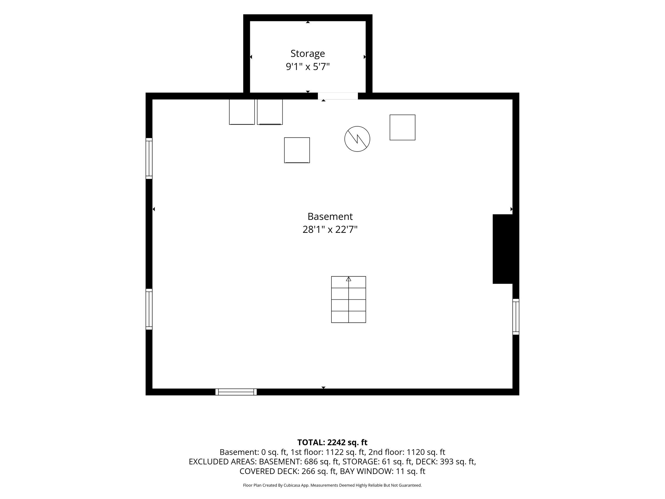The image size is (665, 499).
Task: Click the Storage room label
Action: pyautogui.click(x=308, y=54)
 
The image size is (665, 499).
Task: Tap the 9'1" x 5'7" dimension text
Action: pyautogui.click(x=308, y=67)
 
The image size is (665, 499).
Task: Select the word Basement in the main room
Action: pyautogui.click(x=330, y=216)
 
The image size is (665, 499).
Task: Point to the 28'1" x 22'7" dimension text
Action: pyautogui.click(x=330, y=229)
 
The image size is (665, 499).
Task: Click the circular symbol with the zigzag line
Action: pyautogui.click(x=357, y=139)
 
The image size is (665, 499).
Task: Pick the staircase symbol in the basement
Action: pyautogui.click(x=348, y=300)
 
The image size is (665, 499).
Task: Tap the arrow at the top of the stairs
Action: pyautogui.click(x=348, y=279)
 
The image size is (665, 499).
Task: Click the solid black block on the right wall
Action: pyautogui.click(x=503, y=249)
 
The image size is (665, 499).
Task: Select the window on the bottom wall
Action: pyautogui.click(x=236, y=392)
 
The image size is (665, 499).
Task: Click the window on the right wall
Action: pyautogui.click(x=516, y=317)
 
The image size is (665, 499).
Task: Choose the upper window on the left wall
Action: pyautogui.click(x=149, y=159)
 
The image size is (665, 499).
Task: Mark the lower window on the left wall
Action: pyautogui.click(x=149, y=309)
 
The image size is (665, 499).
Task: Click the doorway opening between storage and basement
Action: pyautogui.click(x=338, y=96)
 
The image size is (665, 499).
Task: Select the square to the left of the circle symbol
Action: pyautogui.click(x=297, y=150)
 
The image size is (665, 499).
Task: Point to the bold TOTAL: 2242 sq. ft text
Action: pyautogui.click(x=332, y=442)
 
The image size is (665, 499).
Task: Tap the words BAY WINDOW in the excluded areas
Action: pyautogui.click(x=367, y=471)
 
